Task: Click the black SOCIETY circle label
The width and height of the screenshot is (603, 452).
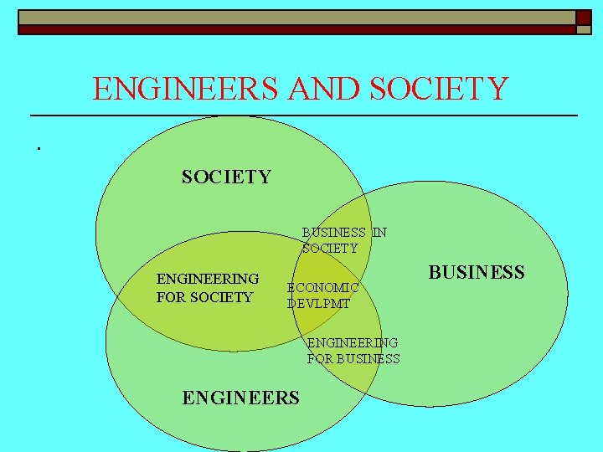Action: [226, 177]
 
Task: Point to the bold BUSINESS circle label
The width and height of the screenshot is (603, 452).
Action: [477, 272]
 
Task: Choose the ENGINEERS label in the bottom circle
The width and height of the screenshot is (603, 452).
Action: [240, 398]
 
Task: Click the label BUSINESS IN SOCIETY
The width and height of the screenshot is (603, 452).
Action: [344, 240]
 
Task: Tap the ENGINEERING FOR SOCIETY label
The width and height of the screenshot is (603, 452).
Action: [208, 287]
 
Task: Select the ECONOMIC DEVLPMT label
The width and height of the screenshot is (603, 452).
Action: [323, 295]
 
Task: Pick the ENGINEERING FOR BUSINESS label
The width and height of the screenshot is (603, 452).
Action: [353, 351]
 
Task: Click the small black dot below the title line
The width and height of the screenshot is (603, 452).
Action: [39, 148]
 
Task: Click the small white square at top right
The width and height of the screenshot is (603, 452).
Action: [583, 29]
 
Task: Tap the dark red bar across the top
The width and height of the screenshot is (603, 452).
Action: [293, 29]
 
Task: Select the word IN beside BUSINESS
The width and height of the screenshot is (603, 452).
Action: [379, 233]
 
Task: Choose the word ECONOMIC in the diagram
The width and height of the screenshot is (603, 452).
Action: [323, 287]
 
